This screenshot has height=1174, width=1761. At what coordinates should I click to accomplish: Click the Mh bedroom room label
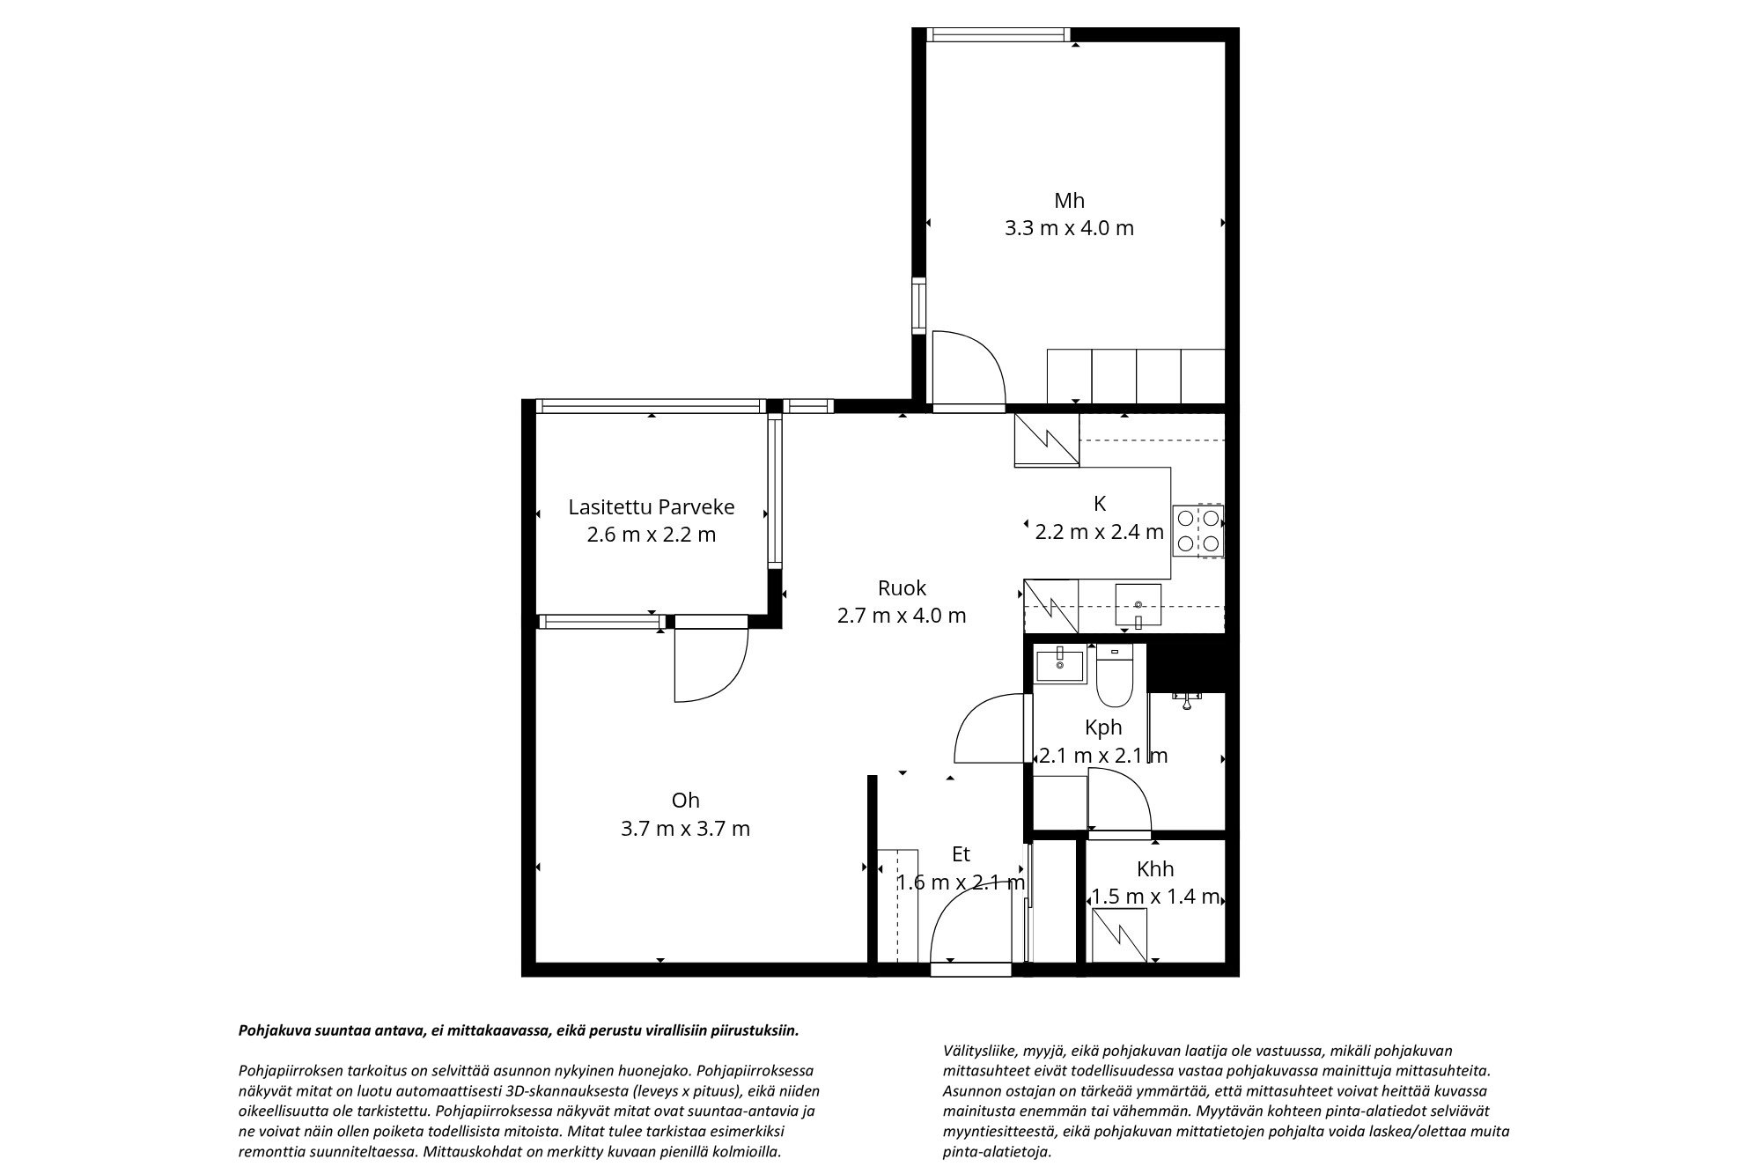coord(1069,200)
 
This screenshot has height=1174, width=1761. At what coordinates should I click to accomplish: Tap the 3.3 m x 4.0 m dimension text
coord(1069,228)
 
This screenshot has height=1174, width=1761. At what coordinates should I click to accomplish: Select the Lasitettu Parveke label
coord(651,507)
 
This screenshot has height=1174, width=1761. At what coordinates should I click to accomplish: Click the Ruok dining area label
coord(902,587)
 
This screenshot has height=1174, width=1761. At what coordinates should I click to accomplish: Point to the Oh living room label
coord(685,800)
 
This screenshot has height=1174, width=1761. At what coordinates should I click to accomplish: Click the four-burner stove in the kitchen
coord(1197,530)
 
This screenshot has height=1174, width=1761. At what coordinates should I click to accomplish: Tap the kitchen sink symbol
coord(1138,605)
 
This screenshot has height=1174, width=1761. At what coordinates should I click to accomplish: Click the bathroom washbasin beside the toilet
coord(1060,664)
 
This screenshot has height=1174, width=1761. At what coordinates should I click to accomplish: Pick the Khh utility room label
coord(1155,869)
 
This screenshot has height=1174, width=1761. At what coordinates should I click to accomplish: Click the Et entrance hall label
coord(961,853)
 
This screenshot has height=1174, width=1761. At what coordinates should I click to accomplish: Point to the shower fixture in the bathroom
coord(1188,700)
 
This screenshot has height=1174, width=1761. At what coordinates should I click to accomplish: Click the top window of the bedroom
coord(998,35)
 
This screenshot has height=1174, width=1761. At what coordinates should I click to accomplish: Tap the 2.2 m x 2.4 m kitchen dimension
coord(1099,532)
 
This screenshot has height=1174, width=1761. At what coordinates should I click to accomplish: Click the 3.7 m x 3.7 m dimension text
coord(685,828)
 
